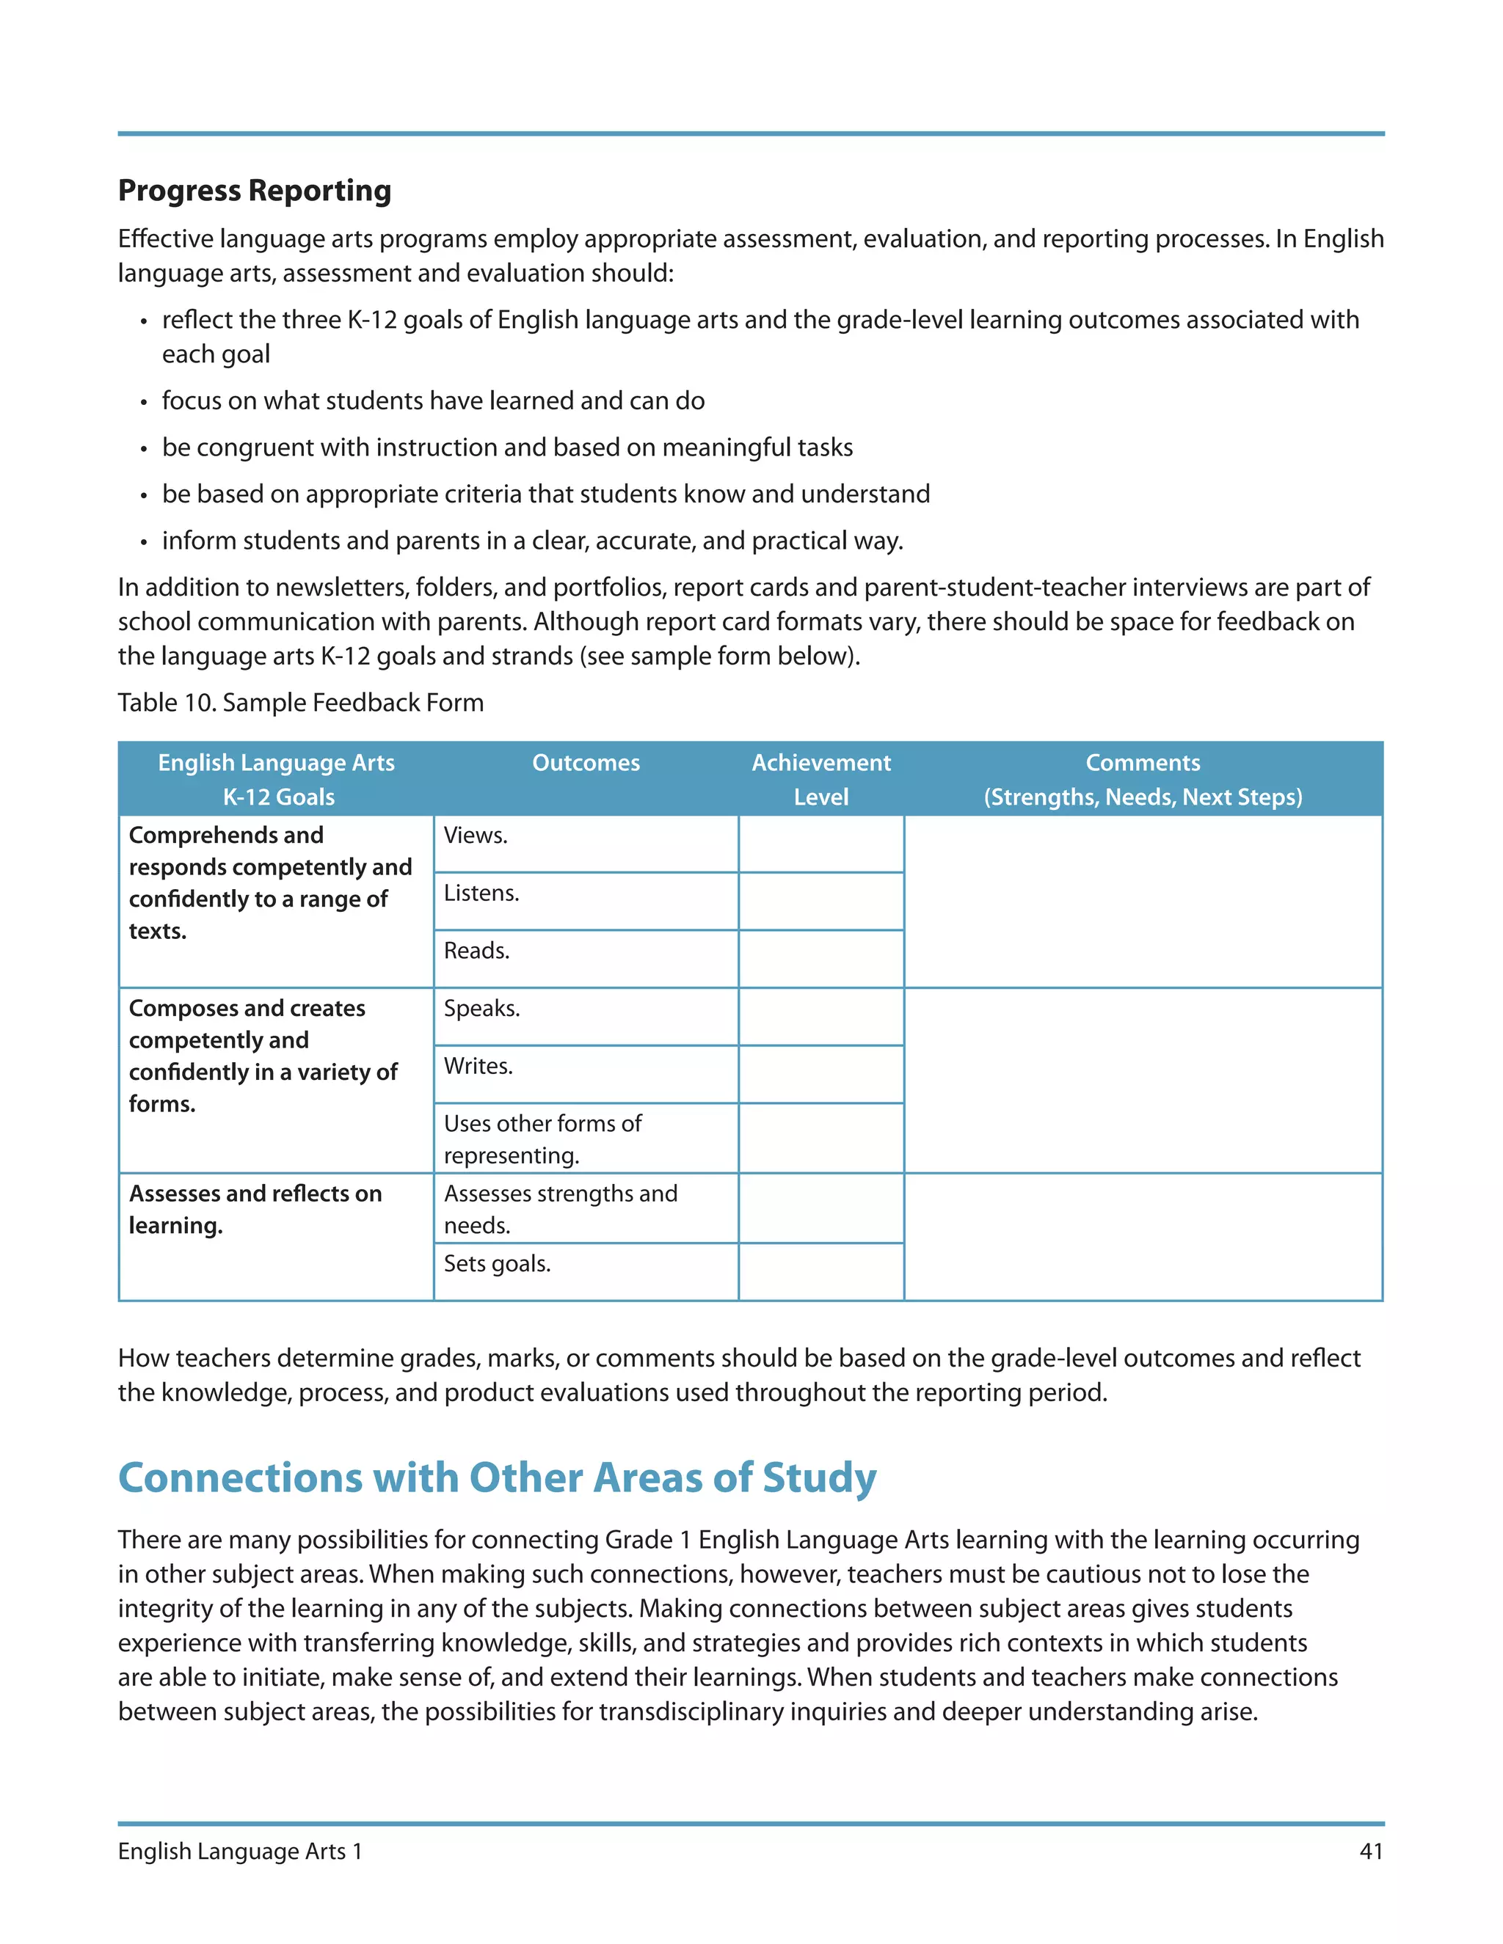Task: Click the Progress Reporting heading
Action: pos(255,191)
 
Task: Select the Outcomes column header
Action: pos(586,763)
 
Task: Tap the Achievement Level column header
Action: pos(821,779)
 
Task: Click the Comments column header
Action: pos(1143,779)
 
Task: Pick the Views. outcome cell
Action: pos(585,843)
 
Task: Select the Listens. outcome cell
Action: pos(585,901)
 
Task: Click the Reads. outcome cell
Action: pos(585,959)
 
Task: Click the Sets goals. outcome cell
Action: pos(585,1271)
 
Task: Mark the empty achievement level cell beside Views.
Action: pos(821,843)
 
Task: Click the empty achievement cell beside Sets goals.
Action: pos(821,1271)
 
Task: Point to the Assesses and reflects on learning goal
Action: pos(255,1209)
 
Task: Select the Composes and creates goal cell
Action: pos(263,1056)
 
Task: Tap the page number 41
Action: pos(1371,1852)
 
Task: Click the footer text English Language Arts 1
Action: pos(241,1852)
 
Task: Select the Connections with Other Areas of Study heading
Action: pos(497,1477)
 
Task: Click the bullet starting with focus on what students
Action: pos(433,401)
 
